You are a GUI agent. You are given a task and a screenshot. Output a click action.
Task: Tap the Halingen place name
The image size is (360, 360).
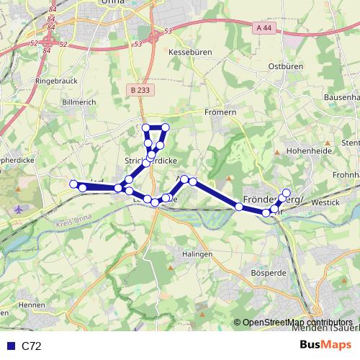(x=197, y=254)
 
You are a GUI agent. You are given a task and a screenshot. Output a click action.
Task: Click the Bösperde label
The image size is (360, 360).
(x=266, y=274)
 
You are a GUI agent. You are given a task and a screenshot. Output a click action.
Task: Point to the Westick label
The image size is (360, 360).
(x=325, y=203)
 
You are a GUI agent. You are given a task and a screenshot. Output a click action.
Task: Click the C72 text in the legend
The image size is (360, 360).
(x=31, y=346)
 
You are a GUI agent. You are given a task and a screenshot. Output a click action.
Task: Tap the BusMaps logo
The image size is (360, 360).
(x=326, y=346)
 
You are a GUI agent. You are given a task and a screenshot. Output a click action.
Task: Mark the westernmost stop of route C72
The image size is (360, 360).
(x=73, y=184)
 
